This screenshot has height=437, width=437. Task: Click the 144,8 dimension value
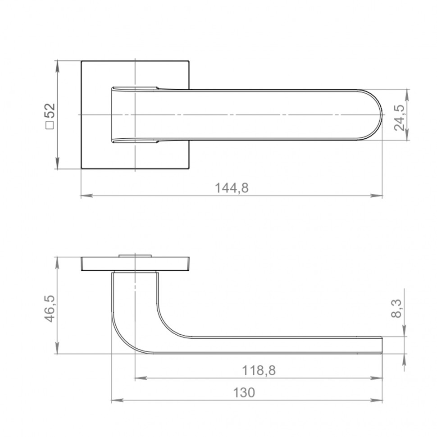tap(231, 188)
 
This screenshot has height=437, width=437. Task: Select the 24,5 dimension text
tap(399, 118)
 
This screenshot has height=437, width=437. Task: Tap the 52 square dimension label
tap(50, 111)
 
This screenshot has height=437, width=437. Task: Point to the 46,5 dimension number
tap(50, 309)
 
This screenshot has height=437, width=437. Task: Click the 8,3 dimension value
tap(396, 308)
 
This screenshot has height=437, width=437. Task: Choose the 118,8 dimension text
tap(259, 371)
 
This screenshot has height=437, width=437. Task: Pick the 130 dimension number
tap(244, 393)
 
